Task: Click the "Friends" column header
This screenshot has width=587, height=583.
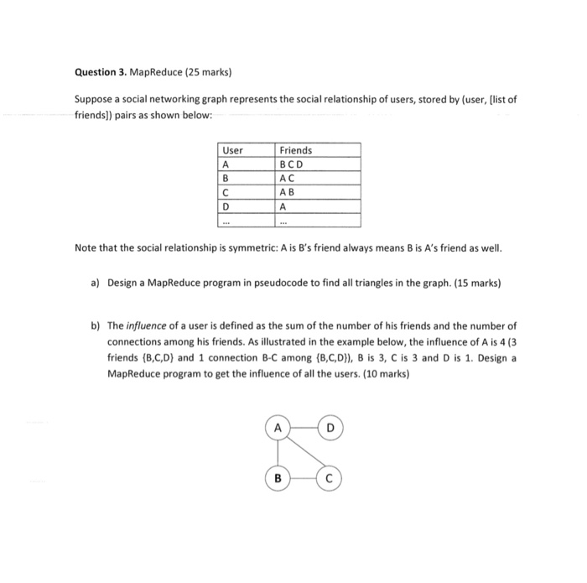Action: click(x=295, y=150)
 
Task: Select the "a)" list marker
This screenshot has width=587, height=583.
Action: click(x=95, y=284)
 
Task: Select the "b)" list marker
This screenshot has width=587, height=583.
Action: click(x=95, y=325)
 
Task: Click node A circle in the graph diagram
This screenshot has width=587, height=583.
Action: click(x=275, y=429)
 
